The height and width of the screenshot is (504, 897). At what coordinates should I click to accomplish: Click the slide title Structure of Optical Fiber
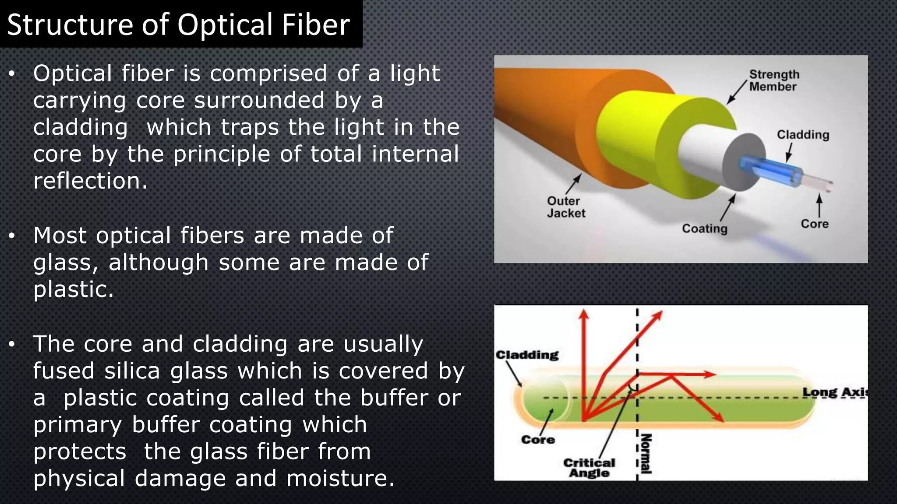click(178, 24)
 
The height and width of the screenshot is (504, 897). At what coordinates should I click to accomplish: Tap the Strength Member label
click(774, 80)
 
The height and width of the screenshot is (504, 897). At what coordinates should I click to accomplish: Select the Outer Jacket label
click(565, 207)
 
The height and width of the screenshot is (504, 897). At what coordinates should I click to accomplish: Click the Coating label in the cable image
click(704, 228)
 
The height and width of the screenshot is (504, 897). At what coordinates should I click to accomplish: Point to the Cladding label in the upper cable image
click(803, 135)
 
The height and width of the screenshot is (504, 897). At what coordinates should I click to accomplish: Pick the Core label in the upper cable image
click(815, 224)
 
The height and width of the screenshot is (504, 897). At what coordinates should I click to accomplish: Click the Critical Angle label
click(589, 468)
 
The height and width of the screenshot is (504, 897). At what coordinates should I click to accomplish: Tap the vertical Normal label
click(646, 454)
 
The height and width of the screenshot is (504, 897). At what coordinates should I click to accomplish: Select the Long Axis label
click(834, 392)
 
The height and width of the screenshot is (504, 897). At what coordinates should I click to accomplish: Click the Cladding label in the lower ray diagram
click(527, 355)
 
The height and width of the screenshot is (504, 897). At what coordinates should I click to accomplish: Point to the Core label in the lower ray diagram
click(538, 440)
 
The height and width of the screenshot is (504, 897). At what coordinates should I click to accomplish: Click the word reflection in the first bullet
click(90, 181)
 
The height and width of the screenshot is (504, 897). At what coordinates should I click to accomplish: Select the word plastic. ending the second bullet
click(74, 290)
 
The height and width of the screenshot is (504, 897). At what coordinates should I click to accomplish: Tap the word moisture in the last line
click(340, 479)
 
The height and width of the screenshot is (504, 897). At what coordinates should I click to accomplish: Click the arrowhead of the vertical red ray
click(583, 314)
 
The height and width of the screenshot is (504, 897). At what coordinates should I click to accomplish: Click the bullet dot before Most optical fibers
click(12, 236)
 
